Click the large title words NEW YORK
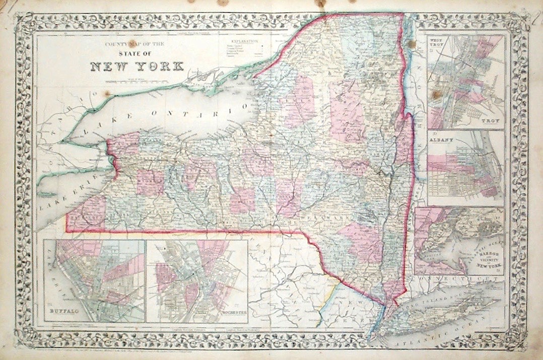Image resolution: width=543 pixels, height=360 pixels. tap(138, 66)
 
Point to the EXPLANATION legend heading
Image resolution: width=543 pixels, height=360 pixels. tap(243, 39)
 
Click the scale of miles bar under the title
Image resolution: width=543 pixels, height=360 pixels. tap(138, 79)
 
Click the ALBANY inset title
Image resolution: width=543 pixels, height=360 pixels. tap(442, 138)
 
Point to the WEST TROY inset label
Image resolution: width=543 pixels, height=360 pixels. tap(436, 42)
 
